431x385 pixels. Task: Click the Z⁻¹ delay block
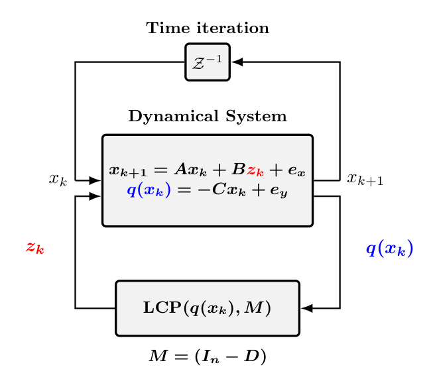[208, 62]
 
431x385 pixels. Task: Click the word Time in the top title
[168, 28]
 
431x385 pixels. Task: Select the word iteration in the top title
[233, 28]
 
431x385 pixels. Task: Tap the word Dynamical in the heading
[174, 117]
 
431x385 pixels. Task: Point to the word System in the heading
[256, 117]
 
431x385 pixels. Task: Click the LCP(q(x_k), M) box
[208, 308]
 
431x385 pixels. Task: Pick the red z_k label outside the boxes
[35, 248]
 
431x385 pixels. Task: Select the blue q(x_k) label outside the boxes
[389, 248]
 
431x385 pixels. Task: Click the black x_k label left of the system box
[58, 180]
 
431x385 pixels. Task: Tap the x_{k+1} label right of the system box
[365, 179]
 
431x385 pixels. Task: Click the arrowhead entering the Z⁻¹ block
[237, 62]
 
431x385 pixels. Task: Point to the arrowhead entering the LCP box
[307, 308]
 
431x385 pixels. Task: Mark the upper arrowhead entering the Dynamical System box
[95, 180]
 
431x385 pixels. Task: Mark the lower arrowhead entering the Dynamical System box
[95, 196]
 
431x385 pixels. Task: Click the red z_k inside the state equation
[255, 170]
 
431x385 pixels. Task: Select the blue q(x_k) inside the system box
[149, 190]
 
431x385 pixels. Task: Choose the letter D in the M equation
[251, 356]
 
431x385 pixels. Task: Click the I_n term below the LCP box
[211, 357]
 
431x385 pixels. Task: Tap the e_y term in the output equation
[278, 191]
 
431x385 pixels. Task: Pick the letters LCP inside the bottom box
[162, 307]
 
